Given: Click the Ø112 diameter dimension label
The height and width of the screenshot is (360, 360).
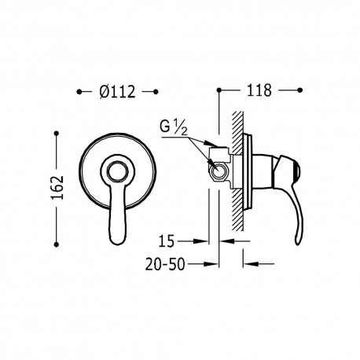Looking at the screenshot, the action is tap(117, 92).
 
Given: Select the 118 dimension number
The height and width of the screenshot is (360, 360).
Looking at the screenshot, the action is tap(259, 90).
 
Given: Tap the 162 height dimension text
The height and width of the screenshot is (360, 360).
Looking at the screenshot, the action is tap(57, 187).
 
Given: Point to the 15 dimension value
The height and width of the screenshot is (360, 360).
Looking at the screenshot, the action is tap(167, 241).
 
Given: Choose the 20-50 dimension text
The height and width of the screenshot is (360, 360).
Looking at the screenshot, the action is tap(165, 264).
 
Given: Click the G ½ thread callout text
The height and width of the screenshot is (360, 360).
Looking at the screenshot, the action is tap(174, 128).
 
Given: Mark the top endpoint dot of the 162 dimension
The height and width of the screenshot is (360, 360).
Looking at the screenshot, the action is tap(56, 134).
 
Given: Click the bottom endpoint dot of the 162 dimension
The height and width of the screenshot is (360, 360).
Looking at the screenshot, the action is tap(56, 244).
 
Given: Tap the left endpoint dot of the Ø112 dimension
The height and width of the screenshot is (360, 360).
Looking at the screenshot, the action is tap(79, 92).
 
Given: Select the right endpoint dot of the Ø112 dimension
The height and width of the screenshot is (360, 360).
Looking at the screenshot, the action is tap(156, 92).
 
